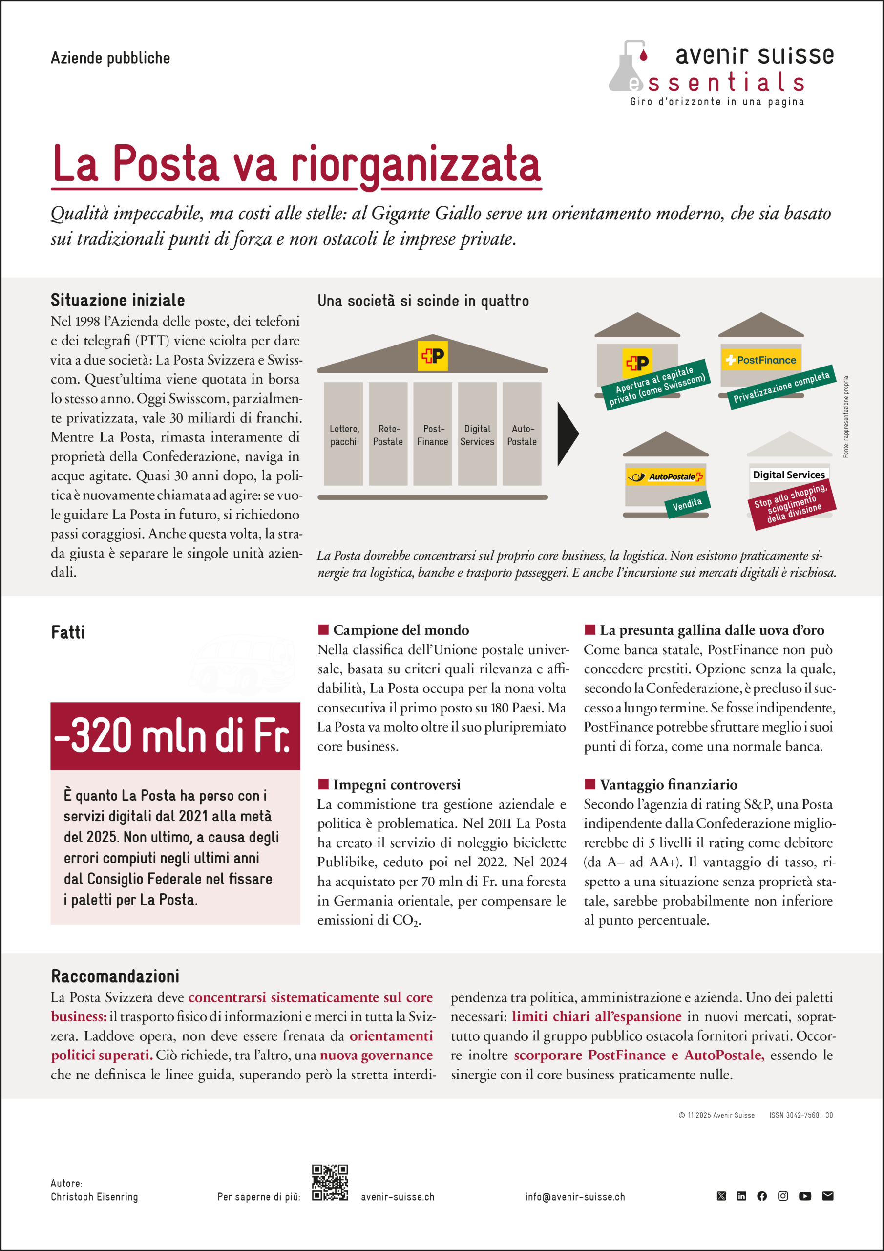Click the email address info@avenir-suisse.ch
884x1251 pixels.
[x=575, y=1197]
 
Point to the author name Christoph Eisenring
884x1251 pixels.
[x=94, y=1197]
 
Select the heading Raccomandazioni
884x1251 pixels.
[x=115, y=976]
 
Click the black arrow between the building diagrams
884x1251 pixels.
[x=567, y=434]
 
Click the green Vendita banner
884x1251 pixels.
[x=687, y=504]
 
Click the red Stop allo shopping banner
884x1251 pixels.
[x=793, y=504]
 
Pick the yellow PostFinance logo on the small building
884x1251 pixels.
[x=761, y=360]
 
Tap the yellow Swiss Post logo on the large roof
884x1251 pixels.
[x=432, y=356]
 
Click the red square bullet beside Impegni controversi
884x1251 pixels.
[x=323, y=784]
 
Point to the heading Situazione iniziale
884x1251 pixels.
[x=118, y=300]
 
